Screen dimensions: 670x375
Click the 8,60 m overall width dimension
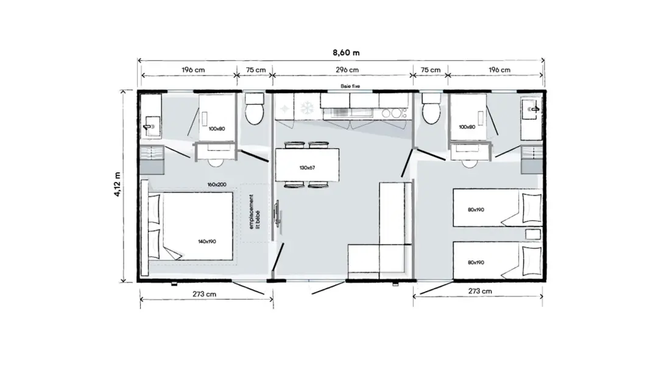tap(346, 52)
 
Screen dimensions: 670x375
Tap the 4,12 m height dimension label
tap(117, 184)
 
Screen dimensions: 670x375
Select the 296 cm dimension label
tap(347, 69)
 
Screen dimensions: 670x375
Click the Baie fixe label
tap(350, 86)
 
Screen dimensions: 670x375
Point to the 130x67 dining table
tap(307, 164)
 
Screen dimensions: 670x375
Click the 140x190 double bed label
tap(207, 241)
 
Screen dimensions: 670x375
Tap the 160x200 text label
tap(217, 184)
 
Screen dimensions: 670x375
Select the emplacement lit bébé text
tap(254, 212)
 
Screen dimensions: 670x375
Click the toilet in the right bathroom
tap(431, 109)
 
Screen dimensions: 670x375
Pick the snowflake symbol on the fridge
tap(307, 108)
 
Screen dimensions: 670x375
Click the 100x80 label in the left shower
tap(217, 128)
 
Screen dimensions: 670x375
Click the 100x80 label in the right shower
tap(467, 127)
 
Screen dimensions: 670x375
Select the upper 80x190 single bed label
tap(476, 209)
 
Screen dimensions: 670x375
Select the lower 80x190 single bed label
tap(476, 262)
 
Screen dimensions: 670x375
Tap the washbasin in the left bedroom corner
tap(151, 126)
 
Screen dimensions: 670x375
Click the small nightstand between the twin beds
tap(533, 234)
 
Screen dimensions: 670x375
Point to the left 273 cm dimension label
tap(204, 294)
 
